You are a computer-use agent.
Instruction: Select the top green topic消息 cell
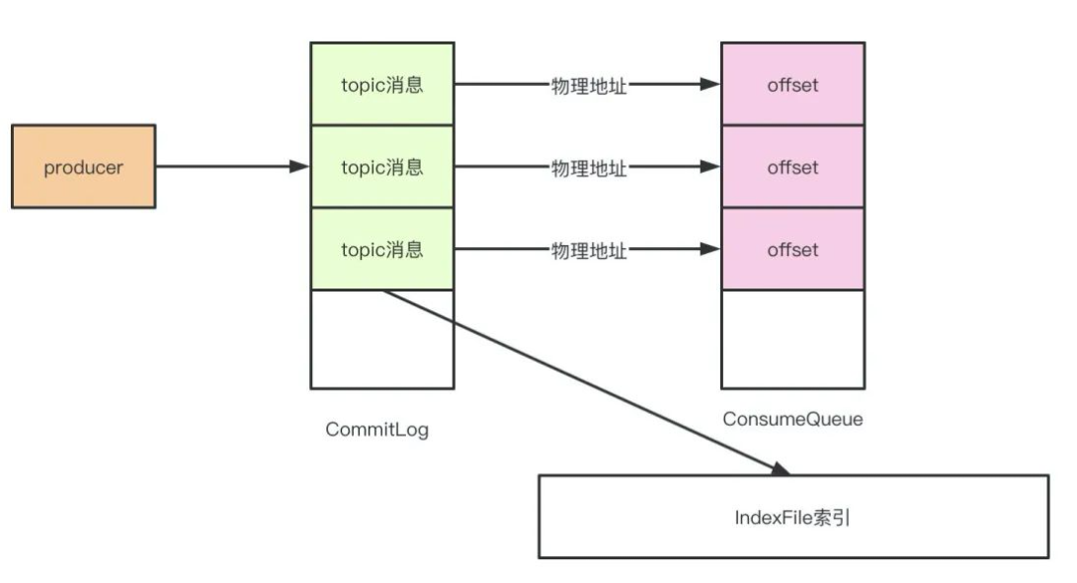(382, 84)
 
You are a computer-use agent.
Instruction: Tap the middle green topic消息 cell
(382, 167)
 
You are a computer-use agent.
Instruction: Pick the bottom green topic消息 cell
(382, 249)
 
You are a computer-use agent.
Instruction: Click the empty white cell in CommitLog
(382, 339)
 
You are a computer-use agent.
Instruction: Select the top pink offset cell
(792, 84)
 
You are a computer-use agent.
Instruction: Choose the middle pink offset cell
(792, 167)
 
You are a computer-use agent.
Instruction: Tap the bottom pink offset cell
(792, 249)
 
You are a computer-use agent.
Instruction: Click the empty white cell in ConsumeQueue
(792, 339)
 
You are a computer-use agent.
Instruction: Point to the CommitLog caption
(376, 430)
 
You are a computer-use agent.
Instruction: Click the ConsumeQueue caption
(792, 419)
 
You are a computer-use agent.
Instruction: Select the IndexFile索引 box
(792, 517)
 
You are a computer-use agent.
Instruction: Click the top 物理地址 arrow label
(588, 85)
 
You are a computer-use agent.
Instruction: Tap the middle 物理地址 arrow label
(588, 168)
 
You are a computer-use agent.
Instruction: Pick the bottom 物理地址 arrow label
(588, 250)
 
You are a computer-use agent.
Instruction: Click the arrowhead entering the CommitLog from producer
(300, 167)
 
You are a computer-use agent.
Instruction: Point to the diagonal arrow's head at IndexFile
(781, 468)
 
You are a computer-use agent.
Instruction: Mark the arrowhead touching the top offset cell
(710, 84)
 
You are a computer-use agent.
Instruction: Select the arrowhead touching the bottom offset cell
(710, 250)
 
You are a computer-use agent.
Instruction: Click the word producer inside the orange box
(83, 167)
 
